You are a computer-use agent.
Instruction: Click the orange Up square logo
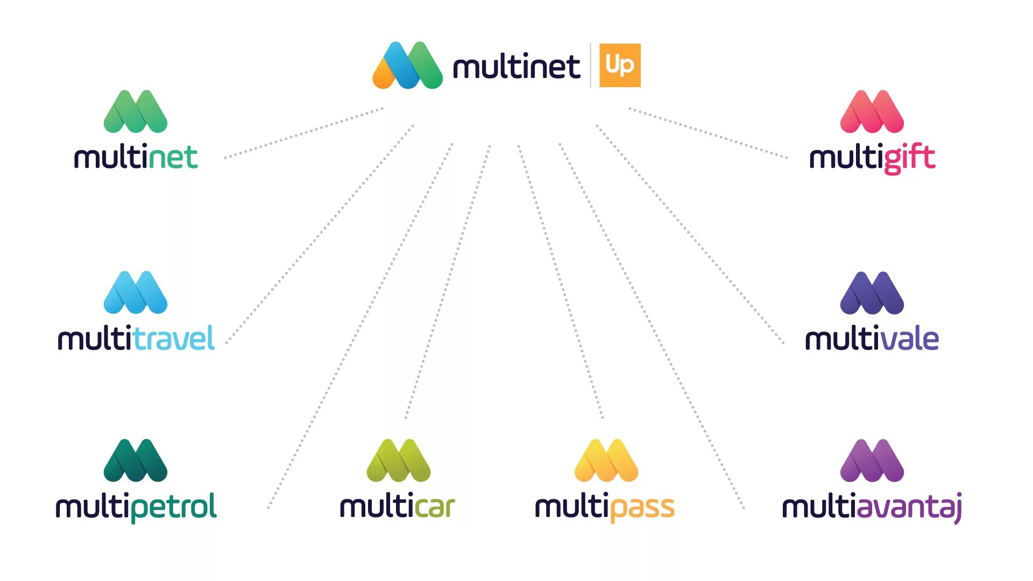point(620,65)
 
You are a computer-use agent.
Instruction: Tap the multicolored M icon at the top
point(407,65)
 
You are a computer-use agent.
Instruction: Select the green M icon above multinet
point(136,111)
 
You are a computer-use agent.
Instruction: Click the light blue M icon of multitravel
point(136,293)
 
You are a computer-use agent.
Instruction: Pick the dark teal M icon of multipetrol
point(136,460)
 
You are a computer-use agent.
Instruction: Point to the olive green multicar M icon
point(398,460)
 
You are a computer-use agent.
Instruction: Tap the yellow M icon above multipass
point(606,460)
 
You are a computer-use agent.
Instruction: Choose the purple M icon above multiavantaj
point(872,460)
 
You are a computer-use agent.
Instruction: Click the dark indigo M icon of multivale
point(872,293)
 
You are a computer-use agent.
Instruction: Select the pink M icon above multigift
point(872,111)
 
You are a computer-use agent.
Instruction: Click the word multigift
point(872,158)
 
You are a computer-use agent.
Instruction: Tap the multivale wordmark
point(872,339)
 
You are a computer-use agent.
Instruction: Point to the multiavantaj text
point(872,507)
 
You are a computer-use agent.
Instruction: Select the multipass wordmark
point(605,507)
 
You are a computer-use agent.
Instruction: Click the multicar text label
point(398,507)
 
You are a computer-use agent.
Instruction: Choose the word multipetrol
point(136,507)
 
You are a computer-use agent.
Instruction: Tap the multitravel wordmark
point(136,339)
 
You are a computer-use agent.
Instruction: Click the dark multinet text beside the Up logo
point(516,67)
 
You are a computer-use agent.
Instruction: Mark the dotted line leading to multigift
point(707,133)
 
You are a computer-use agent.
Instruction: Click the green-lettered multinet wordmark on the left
point(136,158)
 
